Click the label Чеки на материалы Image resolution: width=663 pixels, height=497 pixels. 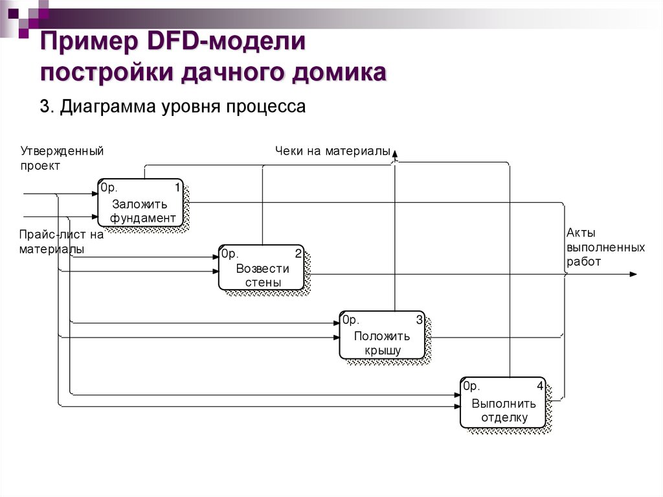(x=332, y=152)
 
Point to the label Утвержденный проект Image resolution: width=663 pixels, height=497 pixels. (x=62, y=158)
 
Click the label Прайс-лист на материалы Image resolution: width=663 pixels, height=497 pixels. (x=62, y=242)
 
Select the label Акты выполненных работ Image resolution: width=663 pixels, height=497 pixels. (x=605, y=248)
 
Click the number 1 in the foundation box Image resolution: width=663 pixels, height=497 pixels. (x=177, y=188)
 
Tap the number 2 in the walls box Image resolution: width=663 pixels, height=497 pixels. (x=298, y=253)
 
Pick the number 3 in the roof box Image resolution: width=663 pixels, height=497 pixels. (x=419, y=320)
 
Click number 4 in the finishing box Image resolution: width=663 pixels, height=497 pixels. (x=539, y=387)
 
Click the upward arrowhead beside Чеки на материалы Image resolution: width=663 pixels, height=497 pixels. (x=395, y=153)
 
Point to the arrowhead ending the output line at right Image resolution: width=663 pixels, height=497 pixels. (x=633, y=274)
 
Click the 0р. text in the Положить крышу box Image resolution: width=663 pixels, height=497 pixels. (x=350, y=320)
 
